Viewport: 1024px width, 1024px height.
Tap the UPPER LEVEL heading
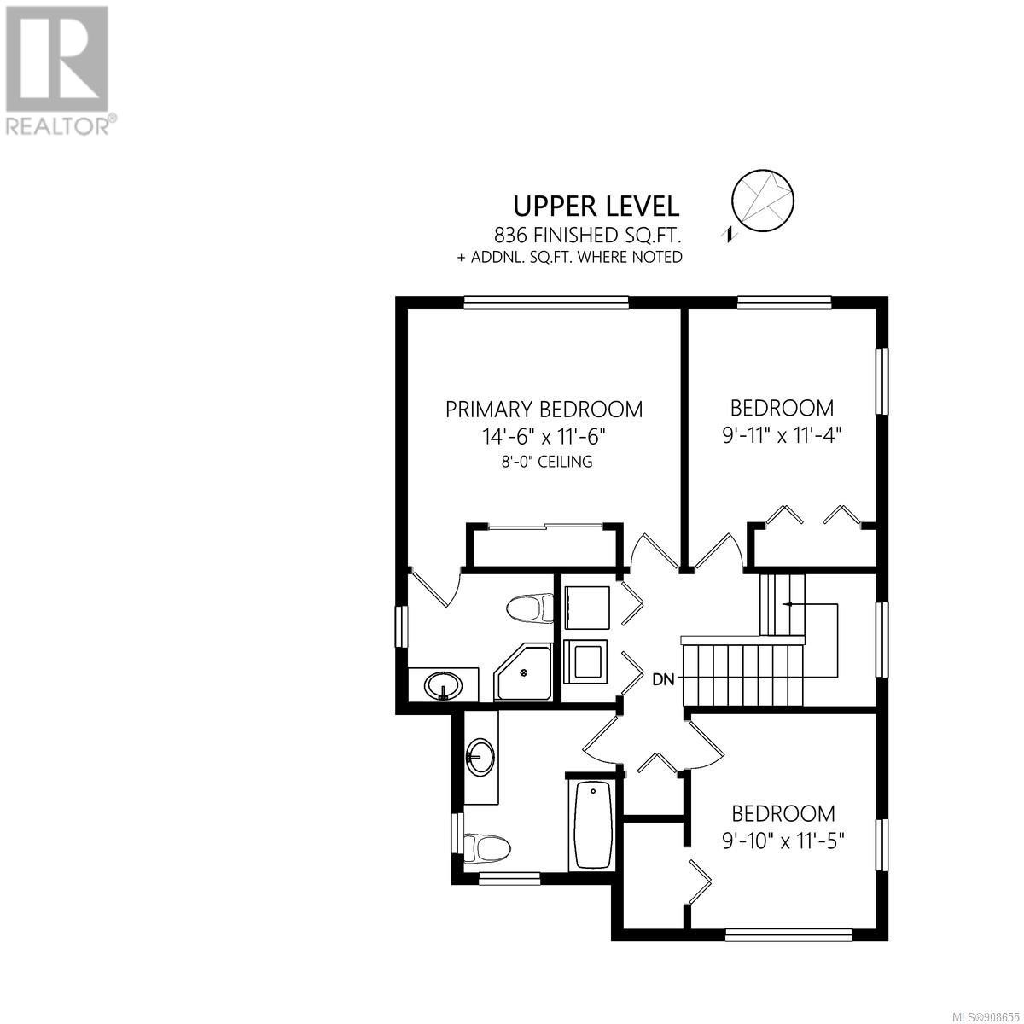596,207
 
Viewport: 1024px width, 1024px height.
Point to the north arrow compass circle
763,201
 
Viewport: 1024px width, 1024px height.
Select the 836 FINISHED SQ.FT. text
588,235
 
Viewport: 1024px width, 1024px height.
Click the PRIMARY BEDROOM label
544,410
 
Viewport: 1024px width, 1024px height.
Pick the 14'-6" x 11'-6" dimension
544,438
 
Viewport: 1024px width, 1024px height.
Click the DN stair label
663,679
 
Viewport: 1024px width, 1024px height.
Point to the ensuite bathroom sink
444,686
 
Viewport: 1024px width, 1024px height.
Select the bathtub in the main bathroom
592,833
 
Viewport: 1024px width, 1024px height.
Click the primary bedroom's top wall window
546,302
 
